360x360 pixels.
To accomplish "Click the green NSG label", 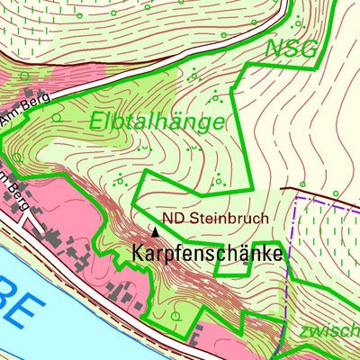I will (290, 49).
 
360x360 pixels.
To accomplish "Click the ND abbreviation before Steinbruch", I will (173, 218).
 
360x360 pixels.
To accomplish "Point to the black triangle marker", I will (156, 231).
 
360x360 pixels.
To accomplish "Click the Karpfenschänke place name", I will (207, 255).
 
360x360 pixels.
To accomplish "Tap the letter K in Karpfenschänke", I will (139, 255).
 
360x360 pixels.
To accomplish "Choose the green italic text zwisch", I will (328, 331).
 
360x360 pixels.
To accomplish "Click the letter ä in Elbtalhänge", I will (177, 121).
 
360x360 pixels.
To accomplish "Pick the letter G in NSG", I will (307, 49).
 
